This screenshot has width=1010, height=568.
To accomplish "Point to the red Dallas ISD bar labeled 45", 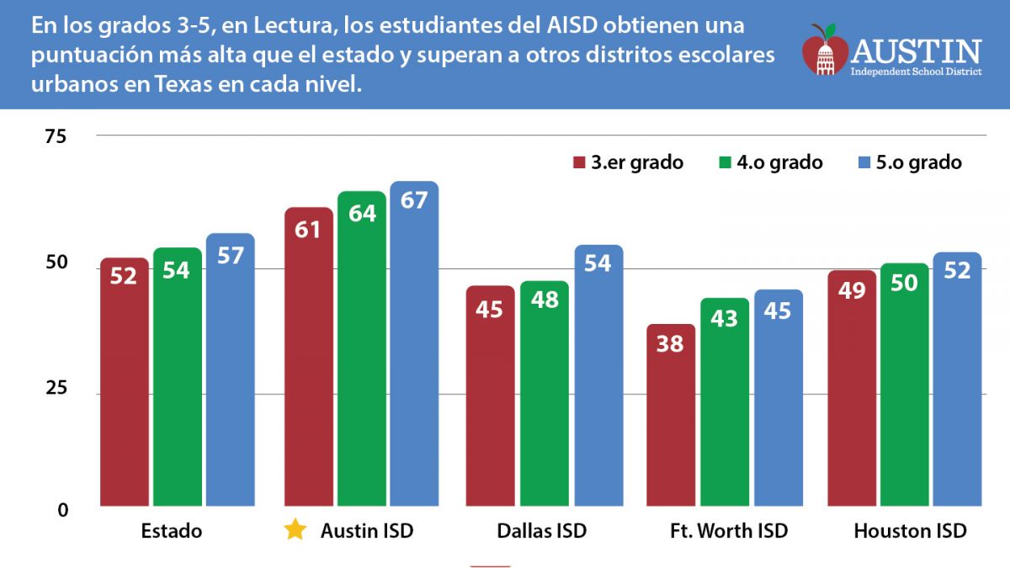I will point(490,395).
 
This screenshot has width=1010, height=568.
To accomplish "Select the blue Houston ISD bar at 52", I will point(957,380).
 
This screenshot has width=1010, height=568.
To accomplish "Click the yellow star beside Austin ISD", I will point(295,531).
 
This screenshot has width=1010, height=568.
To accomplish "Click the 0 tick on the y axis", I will point(62,510).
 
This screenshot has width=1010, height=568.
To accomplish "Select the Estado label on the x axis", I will point(171,532).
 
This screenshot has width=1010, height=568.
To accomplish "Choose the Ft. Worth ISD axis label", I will point(729,532).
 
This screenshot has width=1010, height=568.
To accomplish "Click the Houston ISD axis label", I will point(910,532).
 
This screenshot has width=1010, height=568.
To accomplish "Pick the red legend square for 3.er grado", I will point(579,163).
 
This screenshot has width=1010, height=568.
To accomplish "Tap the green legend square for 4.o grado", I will point(725,163).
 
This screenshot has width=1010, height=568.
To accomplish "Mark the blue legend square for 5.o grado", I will point(864,163).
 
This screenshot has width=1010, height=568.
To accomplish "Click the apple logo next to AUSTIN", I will point(824,50).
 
